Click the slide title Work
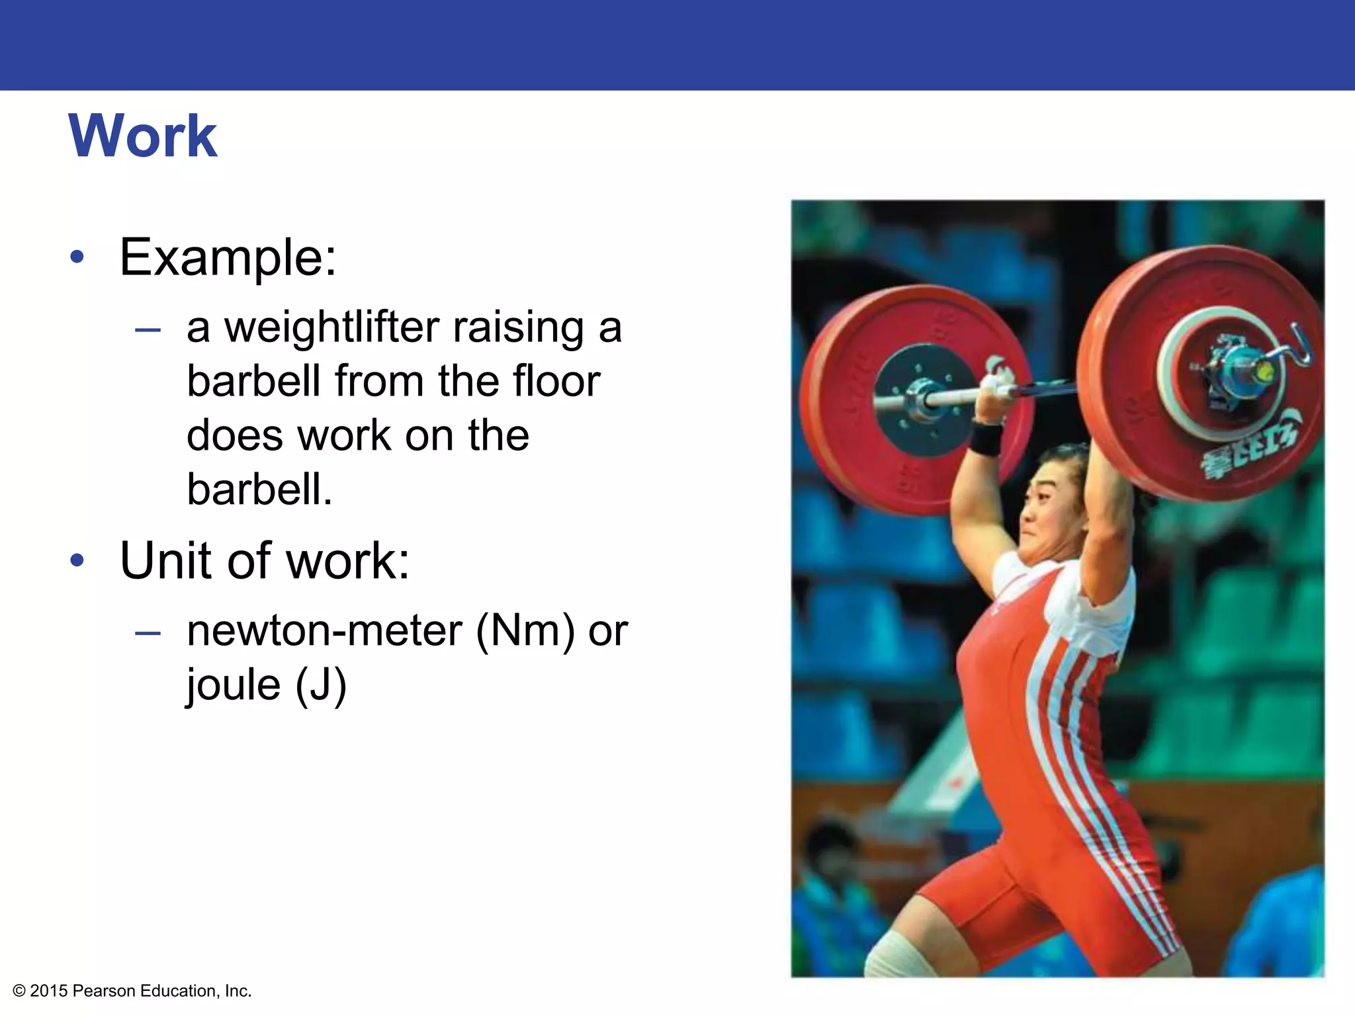pos(142,136)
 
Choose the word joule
pos(234,685)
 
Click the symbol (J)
pos(321,685)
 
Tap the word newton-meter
pos(324,631)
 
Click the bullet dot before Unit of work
pos(77,561)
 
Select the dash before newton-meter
pos(148,633)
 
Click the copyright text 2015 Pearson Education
pos(132,991)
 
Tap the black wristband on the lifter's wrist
pos(986,439)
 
